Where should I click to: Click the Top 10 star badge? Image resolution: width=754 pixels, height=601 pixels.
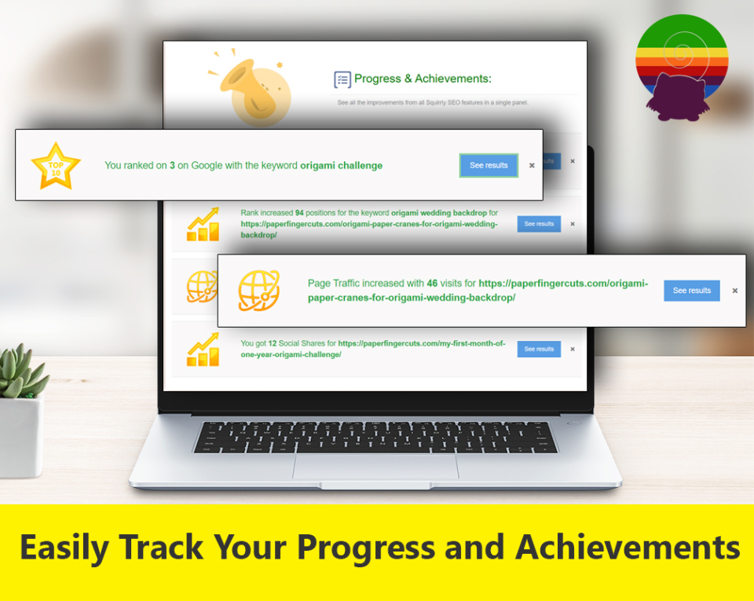click(56, 167)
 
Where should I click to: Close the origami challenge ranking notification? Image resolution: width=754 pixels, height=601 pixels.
click(532, 166)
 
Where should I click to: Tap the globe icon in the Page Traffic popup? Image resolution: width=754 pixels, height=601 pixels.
click(259, 291)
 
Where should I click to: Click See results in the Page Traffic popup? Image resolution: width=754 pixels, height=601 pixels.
click(691, 291)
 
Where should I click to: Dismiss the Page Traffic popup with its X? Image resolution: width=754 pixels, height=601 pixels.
click(735, 291)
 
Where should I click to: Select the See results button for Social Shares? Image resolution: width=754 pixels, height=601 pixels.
click(539, 349)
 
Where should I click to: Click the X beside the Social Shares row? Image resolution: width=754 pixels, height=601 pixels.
click(573, 349)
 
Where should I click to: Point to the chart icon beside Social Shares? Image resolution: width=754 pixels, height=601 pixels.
click(203, 350)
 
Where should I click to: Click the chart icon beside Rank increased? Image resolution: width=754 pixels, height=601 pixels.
click(203, 224)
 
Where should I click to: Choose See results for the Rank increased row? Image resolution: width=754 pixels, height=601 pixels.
click(539, 224)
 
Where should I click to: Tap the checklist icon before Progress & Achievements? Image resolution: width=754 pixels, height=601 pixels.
click(342, 79)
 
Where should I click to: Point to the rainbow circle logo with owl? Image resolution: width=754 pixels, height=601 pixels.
click(682, 68)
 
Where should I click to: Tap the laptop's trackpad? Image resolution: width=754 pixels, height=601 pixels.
click(375, 466)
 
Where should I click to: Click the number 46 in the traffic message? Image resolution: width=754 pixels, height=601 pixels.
click(432, 283)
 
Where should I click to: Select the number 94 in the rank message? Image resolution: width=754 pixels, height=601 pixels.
click(299, 213)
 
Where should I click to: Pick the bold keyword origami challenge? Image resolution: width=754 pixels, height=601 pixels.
click(342, 166)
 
